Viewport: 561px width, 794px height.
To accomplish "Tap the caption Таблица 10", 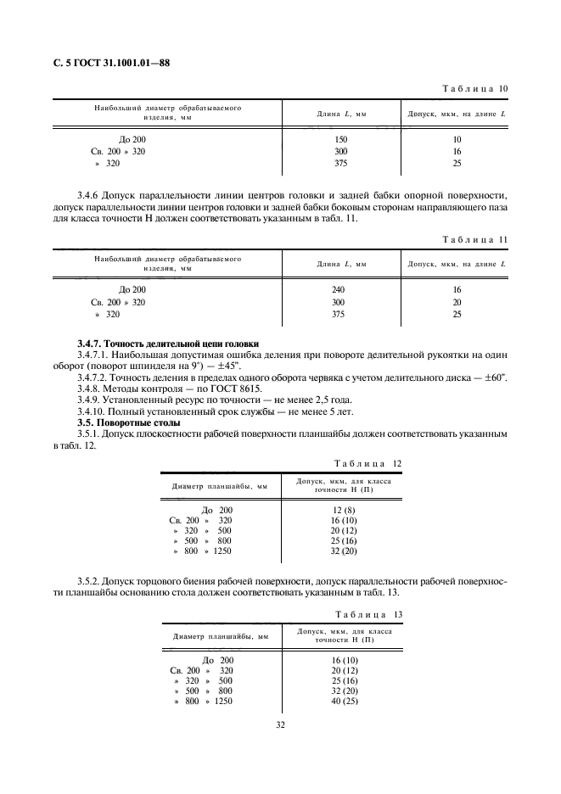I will point(475,89).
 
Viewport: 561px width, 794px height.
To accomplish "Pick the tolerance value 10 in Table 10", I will point(457,139).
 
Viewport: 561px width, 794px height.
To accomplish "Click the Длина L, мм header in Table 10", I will point(341,114).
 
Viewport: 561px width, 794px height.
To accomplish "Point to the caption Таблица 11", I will point(475,240).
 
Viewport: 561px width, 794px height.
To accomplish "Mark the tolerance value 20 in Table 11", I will point(457,302).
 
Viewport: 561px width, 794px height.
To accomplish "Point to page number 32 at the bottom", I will point(281,726).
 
